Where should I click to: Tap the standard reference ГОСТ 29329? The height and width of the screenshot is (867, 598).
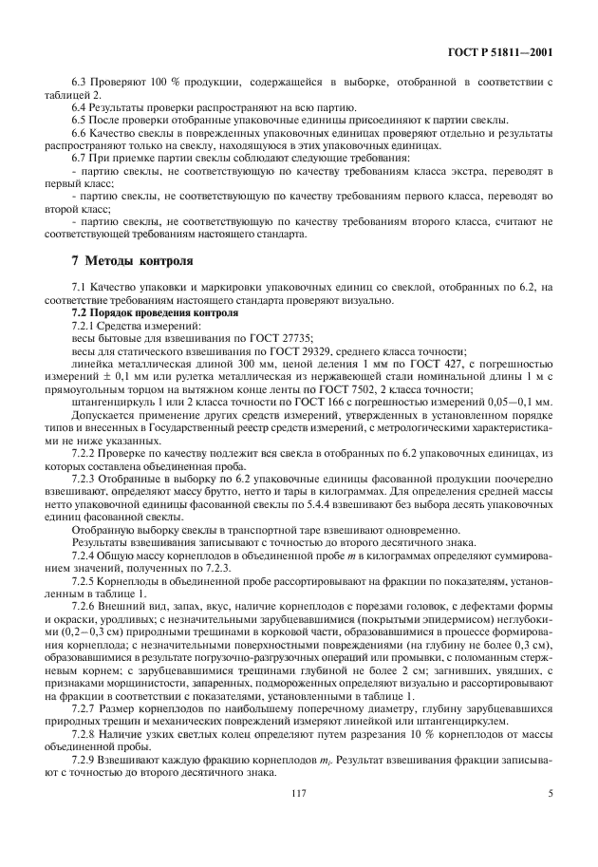(x=303, y=350)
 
